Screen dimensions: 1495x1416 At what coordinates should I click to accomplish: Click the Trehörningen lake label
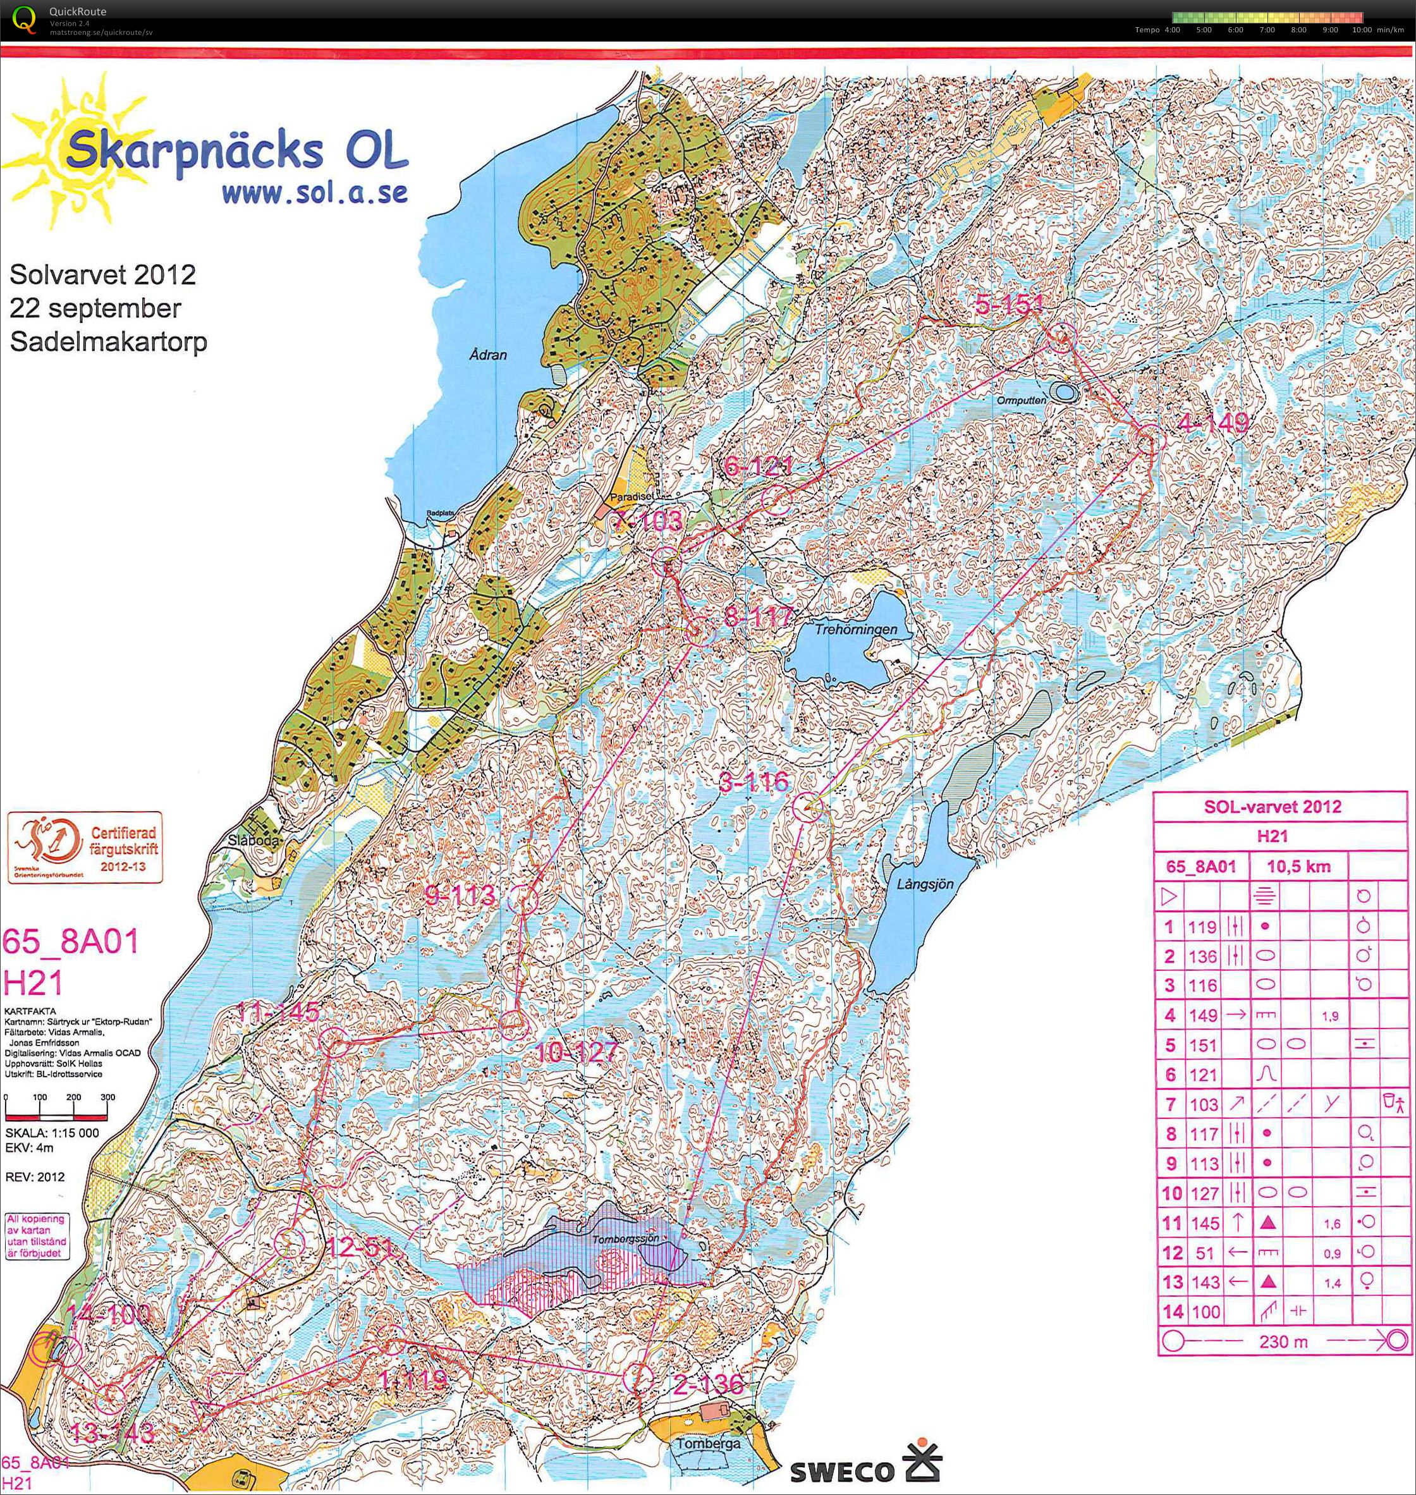856,628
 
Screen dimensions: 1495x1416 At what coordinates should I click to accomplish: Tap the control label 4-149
1212,424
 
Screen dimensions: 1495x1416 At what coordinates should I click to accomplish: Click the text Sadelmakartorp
108,342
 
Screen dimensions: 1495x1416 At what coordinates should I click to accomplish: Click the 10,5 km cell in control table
1298,867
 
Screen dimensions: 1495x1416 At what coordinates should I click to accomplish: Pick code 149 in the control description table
1203,1015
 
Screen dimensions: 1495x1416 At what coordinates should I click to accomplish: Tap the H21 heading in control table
1272,836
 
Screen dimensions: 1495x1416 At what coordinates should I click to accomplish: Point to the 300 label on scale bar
107,1097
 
